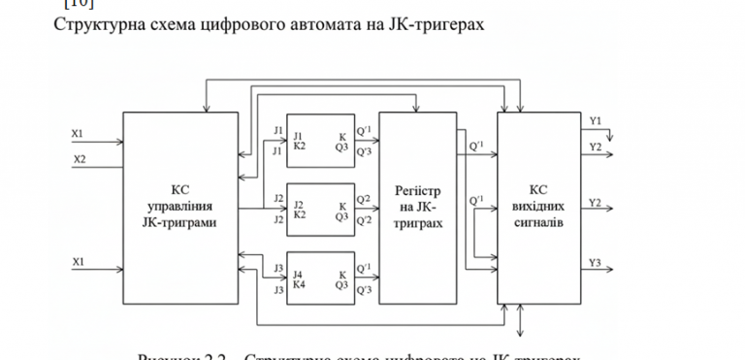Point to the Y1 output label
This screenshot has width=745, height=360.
pos(596,120)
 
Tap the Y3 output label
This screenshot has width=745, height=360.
pos(596,263)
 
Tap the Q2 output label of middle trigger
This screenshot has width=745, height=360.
pos(365,199)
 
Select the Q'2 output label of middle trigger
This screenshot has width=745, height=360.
pos(365,219)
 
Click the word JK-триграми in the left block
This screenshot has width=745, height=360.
pos(179,223)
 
